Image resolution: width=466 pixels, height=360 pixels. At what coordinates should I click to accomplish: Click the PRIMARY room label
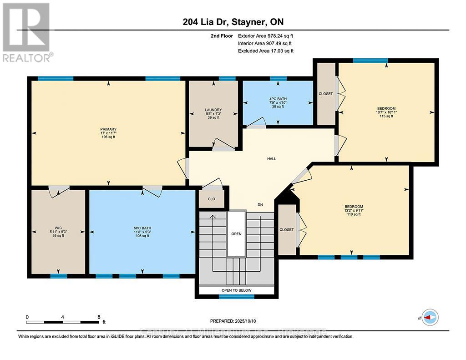(108, 129)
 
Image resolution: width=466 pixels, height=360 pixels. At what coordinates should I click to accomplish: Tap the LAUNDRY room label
(213, 110)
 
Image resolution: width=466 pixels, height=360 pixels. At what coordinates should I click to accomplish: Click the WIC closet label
(57, 228)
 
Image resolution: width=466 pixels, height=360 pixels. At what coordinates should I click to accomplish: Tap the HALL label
(272, 159)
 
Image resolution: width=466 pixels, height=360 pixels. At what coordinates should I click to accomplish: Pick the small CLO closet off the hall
(211, 199)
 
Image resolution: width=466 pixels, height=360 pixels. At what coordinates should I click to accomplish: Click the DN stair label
(260, 205)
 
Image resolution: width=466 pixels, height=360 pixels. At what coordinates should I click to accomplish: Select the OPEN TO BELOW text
(236, 290)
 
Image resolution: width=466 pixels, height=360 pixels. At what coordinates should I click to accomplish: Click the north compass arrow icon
(430, 317)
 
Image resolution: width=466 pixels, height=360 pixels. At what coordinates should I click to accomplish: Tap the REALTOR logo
(27, 32)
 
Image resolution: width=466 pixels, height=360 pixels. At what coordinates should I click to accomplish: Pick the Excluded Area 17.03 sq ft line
(266, 51)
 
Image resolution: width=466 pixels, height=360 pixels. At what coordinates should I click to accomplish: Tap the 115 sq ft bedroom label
(386, 116)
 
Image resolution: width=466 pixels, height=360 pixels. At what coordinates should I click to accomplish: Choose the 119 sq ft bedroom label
(353, 214)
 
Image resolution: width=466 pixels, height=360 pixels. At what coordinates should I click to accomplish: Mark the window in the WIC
(58, 276)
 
